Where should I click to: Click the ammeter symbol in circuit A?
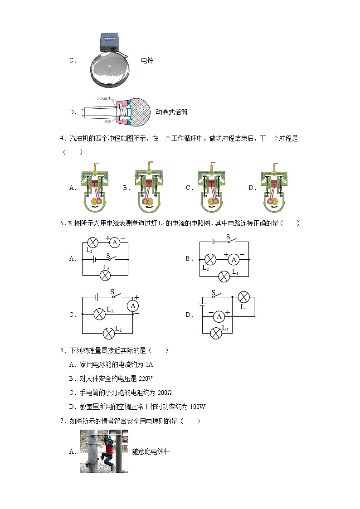(x=115, y=242)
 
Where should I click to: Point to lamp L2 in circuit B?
(x=210, y=259)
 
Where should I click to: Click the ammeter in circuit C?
(x=133, y=306)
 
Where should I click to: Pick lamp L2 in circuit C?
(x=109, y=334)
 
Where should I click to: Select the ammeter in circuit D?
(x=219, y=316)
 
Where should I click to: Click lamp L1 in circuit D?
(x=244, y=297)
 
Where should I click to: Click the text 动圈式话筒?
(x=171, y=112)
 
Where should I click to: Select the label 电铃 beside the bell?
(x=147, y=60)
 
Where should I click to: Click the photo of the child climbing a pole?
(x=104, y=451)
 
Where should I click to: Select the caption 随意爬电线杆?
(x=151, y=451)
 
